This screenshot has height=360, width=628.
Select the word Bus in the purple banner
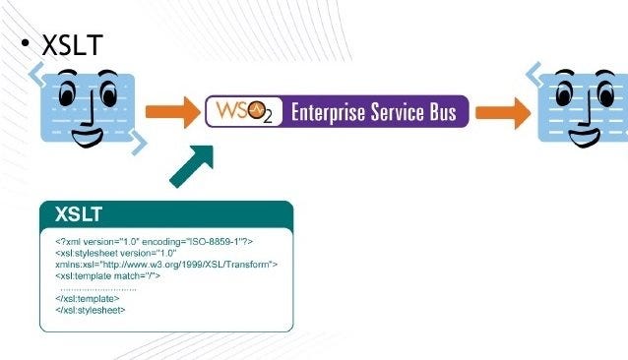[440, 113]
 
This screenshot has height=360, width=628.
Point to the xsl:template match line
[108, 276]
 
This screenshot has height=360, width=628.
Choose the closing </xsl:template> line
[87, 299]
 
